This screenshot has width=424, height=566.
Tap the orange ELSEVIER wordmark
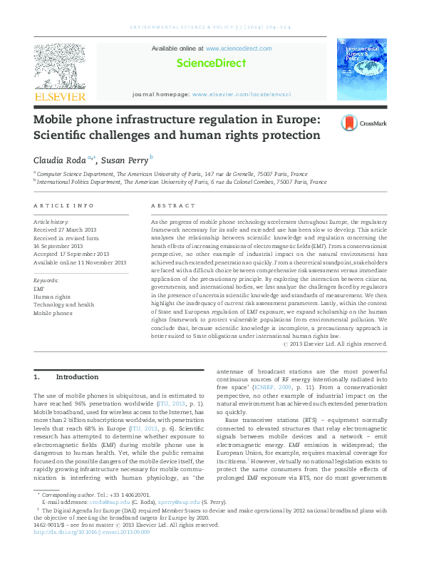pyautogui.click(x=60, y=96)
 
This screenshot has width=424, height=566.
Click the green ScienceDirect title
pyautogui.click(x=212, y=63)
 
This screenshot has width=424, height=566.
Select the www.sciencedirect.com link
pyautogui.click(x=238, y=48)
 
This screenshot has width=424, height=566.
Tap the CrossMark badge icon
pyautogui.click(x=350, y=123)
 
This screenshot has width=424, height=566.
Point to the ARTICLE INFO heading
pyautogui.click(x=64, y=205)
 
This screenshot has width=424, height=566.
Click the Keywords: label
pyautogui.click(x=46, y=281)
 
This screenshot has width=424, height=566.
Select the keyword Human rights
pyautogui.click(x=53, y=297)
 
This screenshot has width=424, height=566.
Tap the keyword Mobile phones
pyautogui.click(x=53, y=312)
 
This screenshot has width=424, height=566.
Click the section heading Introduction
pyautogui.click(x=77, y=376)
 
